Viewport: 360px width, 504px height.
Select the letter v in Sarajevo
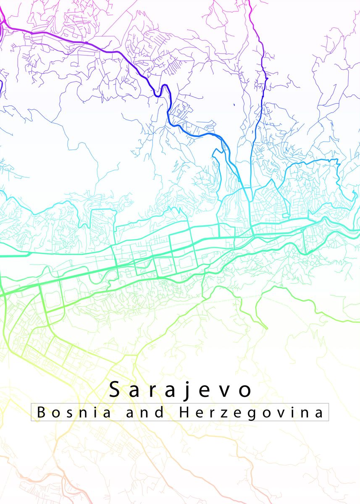226,391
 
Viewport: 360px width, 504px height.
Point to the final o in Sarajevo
245,391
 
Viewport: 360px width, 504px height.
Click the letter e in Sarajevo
207,391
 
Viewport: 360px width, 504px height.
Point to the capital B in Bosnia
41,412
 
